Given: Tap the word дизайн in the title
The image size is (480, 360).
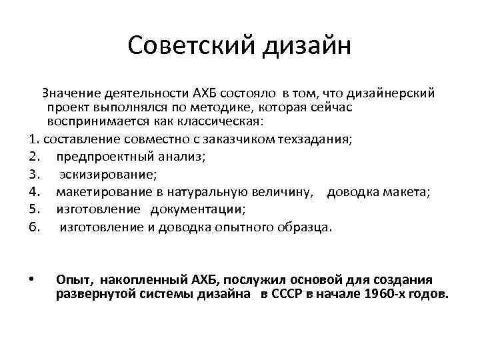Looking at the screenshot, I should click(x=305, y=47).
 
